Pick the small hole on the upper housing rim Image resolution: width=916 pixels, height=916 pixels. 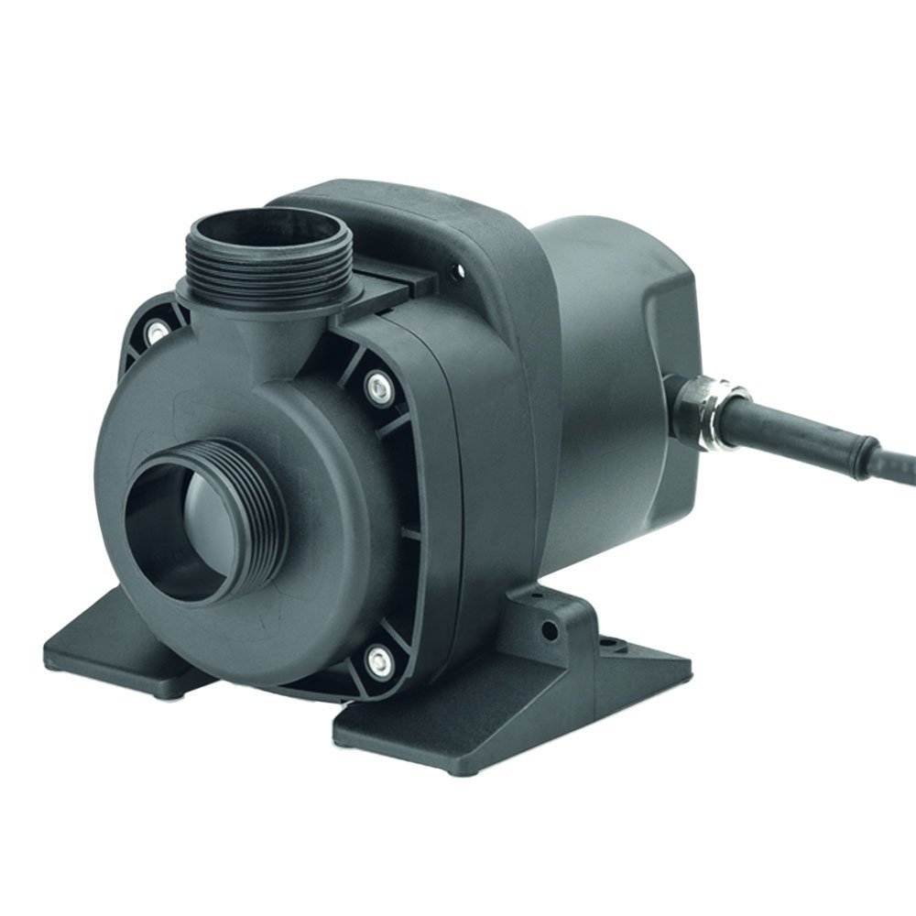coord(452,268)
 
